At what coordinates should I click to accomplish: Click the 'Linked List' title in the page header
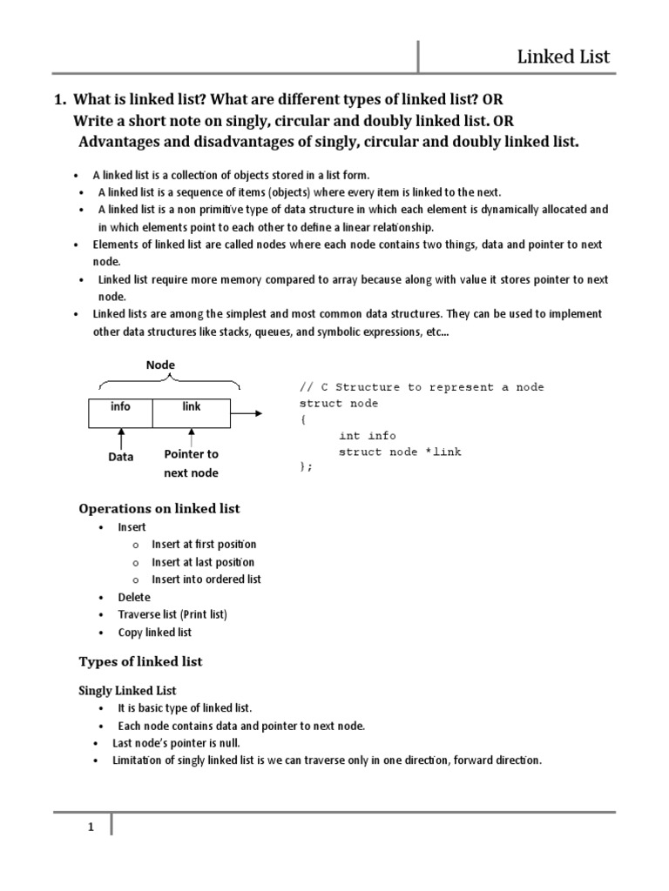[564, 57]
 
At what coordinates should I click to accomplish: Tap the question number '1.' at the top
[61, 101]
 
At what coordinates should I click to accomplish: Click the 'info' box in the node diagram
[120, 412]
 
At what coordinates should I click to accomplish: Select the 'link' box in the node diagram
[191, 412]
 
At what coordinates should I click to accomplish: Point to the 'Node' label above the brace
[160, 365]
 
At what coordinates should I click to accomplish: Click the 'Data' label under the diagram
[120, 457]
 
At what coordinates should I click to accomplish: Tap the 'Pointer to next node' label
[191, 464]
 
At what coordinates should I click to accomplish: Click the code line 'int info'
[368, 436]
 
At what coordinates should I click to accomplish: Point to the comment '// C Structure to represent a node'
[422, 387]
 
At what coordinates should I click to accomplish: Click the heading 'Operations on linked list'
[159, 508]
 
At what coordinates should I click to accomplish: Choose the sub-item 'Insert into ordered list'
[206, 579]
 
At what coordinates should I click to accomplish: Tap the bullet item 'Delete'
[134, 597]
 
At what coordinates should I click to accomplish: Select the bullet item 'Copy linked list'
[155, 633]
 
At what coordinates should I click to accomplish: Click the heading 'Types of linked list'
[140, 661]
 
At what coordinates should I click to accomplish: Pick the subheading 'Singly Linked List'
[128, 691]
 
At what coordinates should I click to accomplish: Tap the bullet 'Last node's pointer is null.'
[175, 743]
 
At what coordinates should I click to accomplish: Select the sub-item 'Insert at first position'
[204, 545]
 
